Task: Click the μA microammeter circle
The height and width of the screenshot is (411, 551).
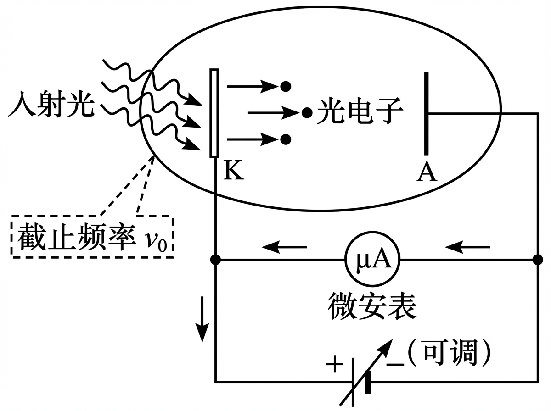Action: [372, 261]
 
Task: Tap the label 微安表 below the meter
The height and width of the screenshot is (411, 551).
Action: [372, 306]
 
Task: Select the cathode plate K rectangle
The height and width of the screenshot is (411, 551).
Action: [214, 113]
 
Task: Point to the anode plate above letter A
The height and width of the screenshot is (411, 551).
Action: [427, 113]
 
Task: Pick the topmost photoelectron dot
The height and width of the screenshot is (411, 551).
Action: [286, 85]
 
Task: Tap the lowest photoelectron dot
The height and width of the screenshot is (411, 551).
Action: [286, 139]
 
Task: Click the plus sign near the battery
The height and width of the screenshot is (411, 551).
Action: [335, 366]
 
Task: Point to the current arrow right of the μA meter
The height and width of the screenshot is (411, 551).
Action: [468, 248]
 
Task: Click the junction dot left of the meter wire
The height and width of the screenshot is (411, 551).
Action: [215, 261]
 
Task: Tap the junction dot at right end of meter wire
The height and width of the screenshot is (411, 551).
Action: [537, 261]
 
